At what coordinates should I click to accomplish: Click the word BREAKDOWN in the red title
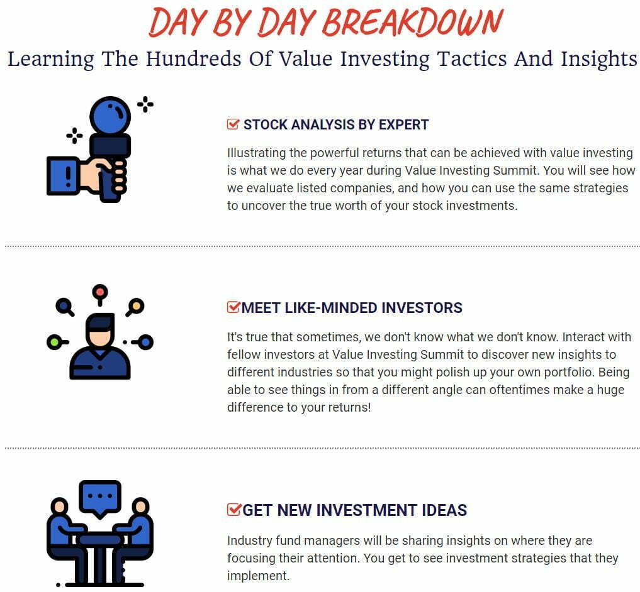pos(413,23)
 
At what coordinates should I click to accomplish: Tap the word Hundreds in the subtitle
pos(193,58)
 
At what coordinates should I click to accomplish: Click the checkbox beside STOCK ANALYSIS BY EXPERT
pos(233,124)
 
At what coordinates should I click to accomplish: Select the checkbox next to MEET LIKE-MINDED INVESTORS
pos(233,307)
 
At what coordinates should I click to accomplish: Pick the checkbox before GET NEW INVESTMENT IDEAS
pos(234,509)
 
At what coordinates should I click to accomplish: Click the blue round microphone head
pos(110,116)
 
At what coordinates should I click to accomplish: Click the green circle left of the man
pos(53,342)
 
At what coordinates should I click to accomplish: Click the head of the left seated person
pos(60,507)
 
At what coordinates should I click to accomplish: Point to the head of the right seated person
pos(140,507)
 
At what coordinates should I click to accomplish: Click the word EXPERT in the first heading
pos(403,124)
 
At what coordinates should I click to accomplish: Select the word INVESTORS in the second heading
pos(422,307)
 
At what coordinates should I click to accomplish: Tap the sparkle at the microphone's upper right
pos(145,104)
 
